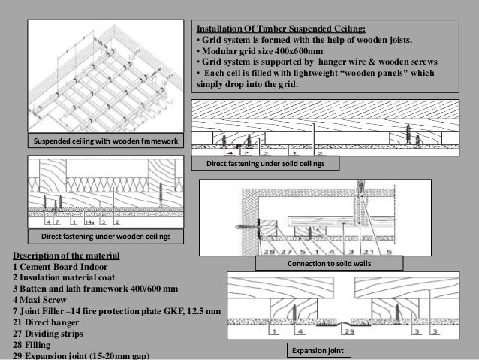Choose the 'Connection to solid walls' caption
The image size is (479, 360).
click(x=330, y=264)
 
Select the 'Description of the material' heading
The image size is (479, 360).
click(x=61, y=255)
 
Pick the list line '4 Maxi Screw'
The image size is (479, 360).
click(x=41, y=299)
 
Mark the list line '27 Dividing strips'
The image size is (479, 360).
click(x=51, y=332)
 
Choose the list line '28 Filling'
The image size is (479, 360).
click(x=33, y=343)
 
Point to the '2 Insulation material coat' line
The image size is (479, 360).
click(x=71, y=277)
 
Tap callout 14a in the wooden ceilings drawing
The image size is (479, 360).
click(x=89, y=222)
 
